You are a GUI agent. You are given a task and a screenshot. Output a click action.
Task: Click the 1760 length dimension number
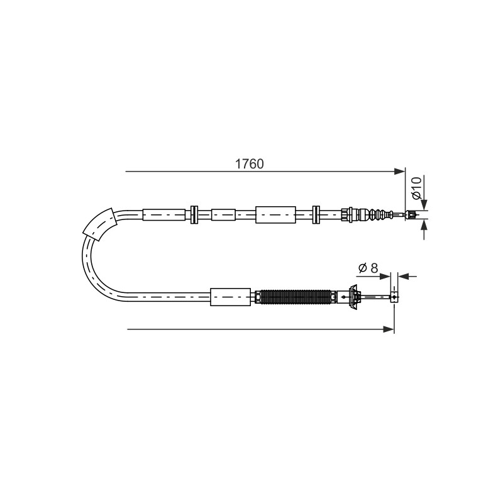click(249, 164)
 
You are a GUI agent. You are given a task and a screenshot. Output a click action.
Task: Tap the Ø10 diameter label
click(416, 188)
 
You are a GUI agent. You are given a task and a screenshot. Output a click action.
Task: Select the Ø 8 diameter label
click(368, 268)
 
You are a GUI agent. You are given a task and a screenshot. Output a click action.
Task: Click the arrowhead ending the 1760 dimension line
click(400, 171)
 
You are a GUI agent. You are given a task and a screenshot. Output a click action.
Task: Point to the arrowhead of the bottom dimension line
click(389, 329)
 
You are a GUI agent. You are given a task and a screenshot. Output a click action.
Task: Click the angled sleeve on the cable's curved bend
click(99, 224)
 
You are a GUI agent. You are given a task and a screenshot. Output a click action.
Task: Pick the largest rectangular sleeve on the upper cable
click(275, 214)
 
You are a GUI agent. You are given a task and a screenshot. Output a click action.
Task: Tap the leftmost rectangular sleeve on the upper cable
click(164, 214)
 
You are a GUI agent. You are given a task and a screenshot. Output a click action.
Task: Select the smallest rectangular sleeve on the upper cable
click(223, 214)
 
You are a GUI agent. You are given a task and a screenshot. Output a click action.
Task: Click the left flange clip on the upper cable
click(194, 214)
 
